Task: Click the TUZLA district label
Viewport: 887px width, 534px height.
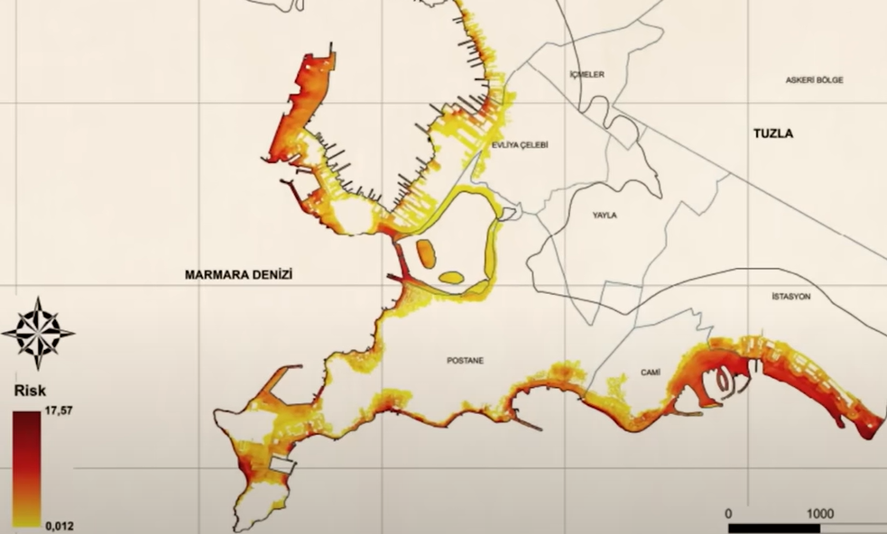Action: (x=772, y=133)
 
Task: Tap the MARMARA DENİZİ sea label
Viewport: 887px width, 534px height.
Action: (x=241, y=274)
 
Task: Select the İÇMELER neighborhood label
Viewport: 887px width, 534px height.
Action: (x=587, y=75)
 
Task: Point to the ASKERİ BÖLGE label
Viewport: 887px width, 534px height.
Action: (x=814, y=80)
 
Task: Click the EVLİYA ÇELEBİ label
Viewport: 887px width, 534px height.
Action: (x=520, y=145)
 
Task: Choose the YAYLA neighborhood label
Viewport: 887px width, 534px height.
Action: (x=605, y=216)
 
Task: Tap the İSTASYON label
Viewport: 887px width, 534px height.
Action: (x=791, y=297)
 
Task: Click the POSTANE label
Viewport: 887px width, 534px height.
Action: (x=466, y=361)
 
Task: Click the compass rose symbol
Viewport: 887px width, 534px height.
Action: (x=38, y=332)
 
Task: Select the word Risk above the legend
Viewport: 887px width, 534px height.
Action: (x=29, y=391)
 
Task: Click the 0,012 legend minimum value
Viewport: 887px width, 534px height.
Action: (x=59, y=521)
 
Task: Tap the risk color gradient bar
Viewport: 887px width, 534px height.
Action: (x=26, y=467)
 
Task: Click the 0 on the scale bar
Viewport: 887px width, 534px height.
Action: (x=729, y=512)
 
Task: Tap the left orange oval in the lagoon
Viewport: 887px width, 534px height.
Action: (x=425, y=253)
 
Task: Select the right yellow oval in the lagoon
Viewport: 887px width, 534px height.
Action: (x=452, y=277)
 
